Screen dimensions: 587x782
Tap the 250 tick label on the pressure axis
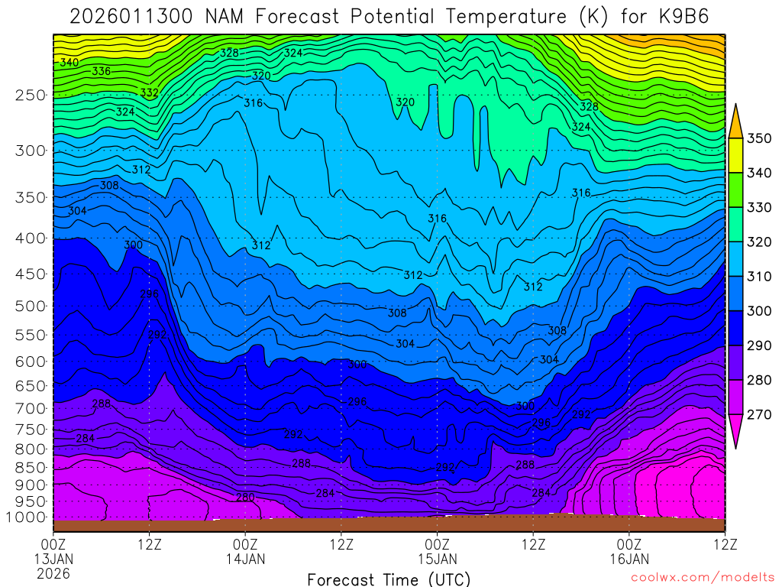pyautogui.click(x=31, y=96)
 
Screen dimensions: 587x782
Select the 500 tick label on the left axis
pyautogui.click(x=31, y=306)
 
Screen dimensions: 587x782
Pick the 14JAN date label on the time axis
pyautogui.click(x=245, y=559)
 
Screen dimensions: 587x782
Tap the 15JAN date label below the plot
pyautogui.click(x=437, y=559)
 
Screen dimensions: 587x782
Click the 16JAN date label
pyautogui.click(x=629, y=559)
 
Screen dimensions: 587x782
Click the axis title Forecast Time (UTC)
pyautogui.click(x=389, y=579)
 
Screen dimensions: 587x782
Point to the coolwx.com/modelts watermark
pyautogui.click(x=702, y=577)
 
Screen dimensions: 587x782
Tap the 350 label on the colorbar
pyautogui.click(x=760, y=139)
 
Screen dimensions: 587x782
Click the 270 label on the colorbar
pyautogui.click(x=760, y=414)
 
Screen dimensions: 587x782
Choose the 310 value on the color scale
pyautogui.click(x=760, y=277)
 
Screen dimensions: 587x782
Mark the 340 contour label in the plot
pyautogui.click(x=69, y=62)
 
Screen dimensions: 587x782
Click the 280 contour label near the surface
pyautogui.click(x=245, y=498)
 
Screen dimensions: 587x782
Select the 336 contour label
pyautogui.click(x=102, y=71)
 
